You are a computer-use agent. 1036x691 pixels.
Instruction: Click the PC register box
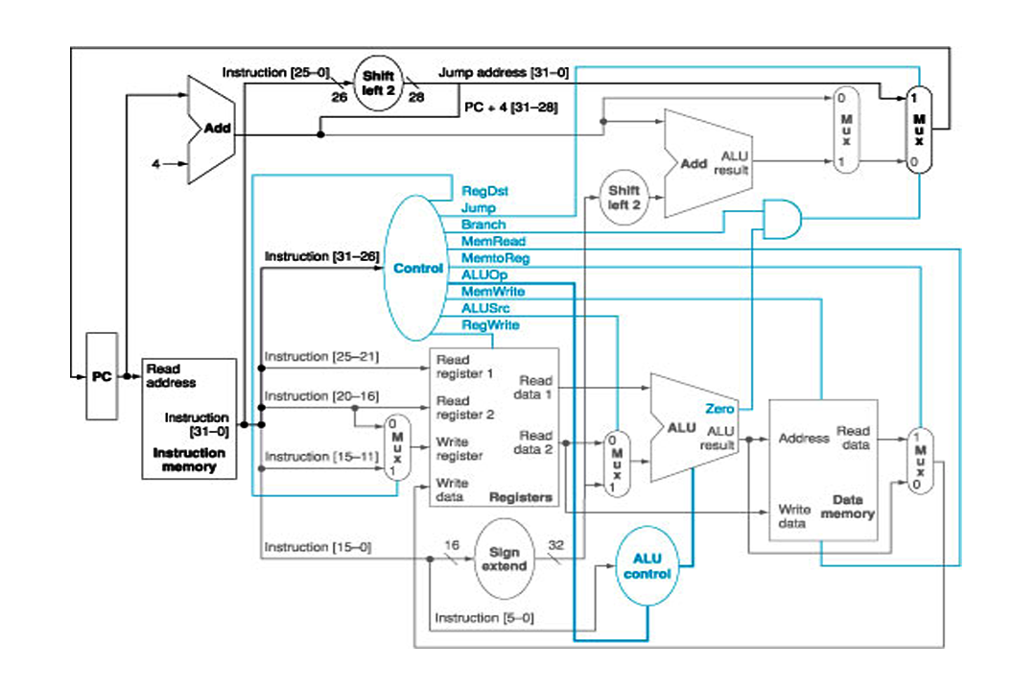point(102,376)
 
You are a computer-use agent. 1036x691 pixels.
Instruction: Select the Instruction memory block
point(189,418)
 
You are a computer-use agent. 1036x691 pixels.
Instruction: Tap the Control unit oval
point(417,268)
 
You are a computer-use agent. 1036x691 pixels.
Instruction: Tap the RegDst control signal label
point(484,191)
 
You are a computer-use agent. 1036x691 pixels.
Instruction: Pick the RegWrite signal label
point(491,324)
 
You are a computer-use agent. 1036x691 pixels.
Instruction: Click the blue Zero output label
point(719,409)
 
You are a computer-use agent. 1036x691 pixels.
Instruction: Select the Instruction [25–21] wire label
point(322,357)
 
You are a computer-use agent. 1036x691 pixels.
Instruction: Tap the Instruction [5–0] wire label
point(484,617)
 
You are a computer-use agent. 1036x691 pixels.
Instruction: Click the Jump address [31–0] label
point(503,72)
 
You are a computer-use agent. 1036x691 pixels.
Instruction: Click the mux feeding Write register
point(393,448)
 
